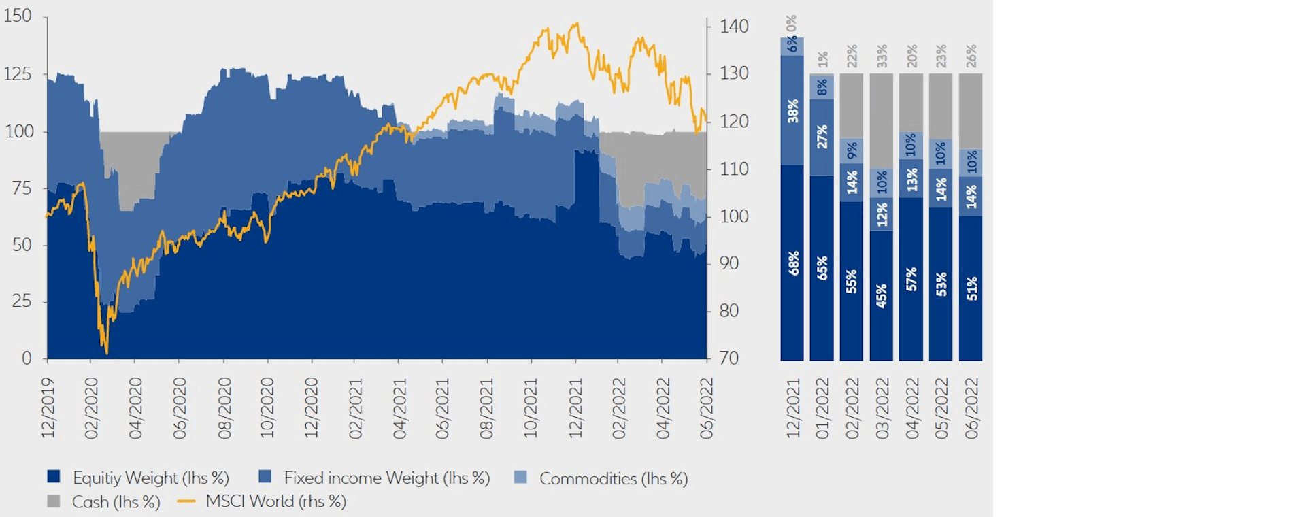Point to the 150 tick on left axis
(x=18, y=16)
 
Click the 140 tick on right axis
(x=734, y=27)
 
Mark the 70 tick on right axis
(x=729, y=358)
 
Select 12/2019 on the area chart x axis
(x=48, y=408)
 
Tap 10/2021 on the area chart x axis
(x=531, y=408)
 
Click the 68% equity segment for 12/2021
(x=792, y=263)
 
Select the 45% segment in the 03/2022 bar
(x=882, y=296)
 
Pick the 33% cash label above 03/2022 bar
(x=882, y=56)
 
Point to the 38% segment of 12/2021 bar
(x=792, y=111)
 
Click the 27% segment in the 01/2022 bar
(x=822, y=137)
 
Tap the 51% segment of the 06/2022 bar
(x=971, y=288)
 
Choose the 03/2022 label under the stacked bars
(x=882, y=408)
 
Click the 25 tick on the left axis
(x=22, y=301)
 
